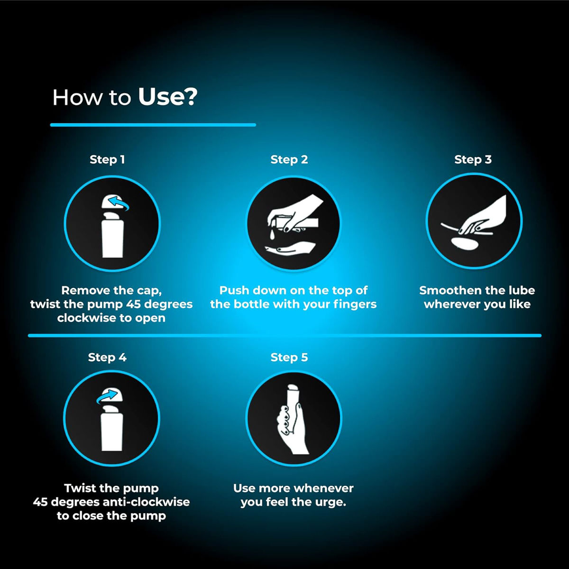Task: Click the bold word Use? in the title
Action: pos(167,97)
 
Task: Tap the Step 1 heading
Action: pos(107,160)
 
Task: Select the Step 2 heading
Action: pos(289,160)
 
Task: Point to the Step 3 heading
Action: pos(473,160)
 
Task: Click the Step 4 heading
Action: pos(107,358)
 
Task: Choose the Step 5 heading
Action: pos(289,358)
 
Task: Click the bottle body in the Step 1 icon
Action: pos(112,239)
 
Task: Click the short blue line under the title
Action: pos(153,125)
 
